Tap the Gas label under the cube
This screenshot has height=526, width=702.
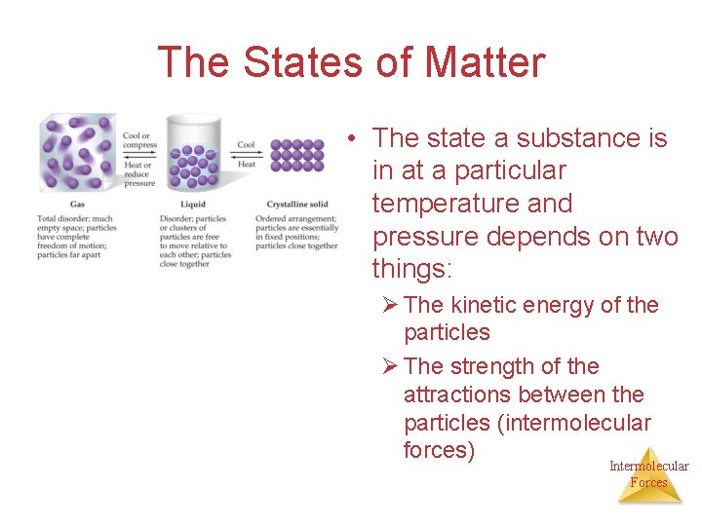(49, 205)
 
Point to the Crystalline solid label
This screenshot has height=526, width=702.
(296, 205)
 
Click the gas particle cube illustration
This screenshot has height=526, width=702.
(78, 154)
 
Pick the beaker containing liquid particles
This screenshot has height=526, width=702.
(194, 153)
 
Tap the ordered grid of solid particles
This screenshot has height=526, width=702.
(297, 155)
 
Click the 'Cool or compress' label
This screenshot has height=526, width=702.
(139, 140)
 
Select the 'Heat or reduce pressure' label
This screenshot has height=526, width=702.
(139, 173)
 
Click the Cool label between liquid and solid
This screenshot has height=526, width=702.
(247, 145)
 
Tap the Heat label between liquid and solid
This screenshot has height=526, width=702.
(247, 165)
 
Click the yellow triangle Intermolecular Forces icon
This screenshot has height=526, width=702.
(649, 476)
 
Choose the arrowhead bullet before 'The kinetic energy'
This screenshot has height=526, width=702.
(389, 305)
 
